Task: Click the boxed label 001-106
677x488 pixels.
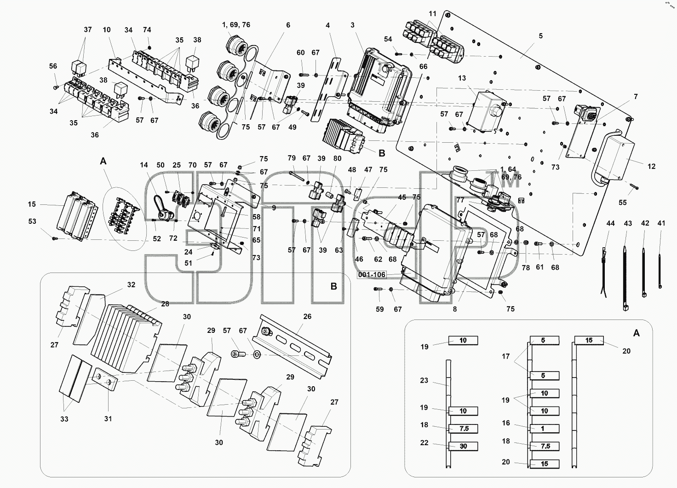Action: tap(372, 274)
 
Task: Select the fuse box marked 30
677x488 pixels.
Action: tap(463, 446)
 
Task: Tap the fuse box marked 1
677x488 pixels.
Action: tap(545, 429)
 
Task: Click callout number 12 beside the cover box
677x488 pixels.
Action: tap(652, 166)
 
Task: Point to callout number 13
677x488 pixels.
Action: tap(462, 78)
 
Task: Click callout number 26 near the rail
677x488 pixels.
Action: tap(307, 316)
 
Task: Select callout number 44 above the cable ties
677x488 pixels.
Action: tap(610, 223)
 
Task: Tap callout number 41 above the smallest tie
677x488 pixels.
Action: tap(661, 223)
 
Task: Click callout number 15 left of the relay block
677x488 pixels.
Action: tap(32, 204)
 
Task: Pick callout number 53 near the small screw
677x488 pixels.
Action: tap(32, 221)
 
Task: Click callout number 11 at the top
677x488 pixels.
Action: tap(432, 14)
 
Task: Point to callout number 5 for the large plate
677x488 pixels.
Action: tap(541, 36)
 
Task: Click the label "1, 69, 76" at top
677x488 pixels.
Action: tap(236, 25)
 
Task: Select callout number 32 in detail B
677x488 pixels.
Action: tap(131, 285)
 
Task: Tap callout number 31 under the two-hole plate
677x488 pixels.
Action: tap(108, 419)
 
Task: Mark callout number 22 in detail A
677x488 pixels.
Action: tap(425, 442)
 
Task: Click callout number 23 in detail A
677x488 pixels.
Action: tap(424, 380)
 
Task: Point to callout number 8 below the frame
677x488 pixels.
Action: tap(455, 309)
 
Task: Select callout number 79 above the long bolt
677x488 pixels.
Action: tap(291, 158)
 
